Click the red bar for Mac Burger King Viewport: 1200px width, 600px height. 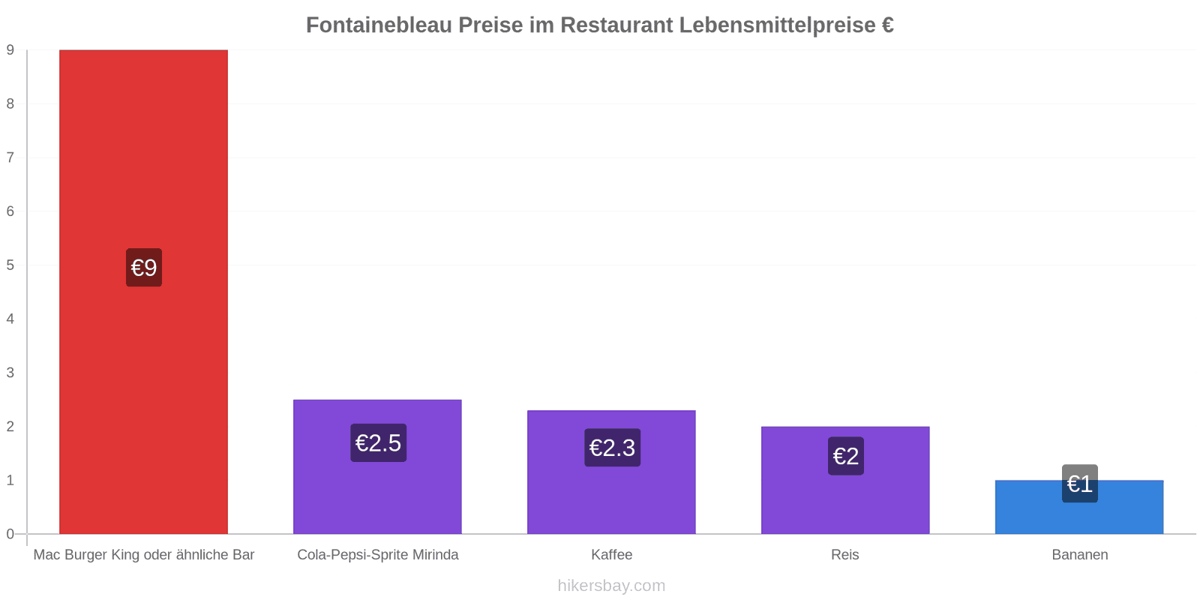click(x=143, y=292)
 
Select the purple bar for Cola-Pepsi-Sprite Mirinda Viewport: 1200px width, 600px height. click(x=378, y=466)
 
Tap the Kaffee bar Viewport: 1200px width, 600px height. click(x=611, y=472)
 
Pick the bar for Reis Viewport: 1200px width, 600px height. click(x=845, y=480)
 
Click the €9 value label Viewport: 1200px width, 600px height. click(x=144, y=267)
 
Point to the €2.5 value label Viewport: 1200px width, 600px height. click(x=378, y=443)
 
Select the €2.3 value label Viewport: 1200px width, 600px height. click(x=612, y=447)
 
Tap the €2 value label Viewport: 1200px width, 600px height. click(x=846, y=456)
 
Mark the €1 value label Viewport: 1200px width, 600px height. click(x=1080, y=484)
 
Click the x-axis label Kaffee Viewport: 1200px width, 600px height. click(x=612, y=554)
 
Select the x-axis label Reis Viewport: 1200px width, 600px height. click(x=844, y=554)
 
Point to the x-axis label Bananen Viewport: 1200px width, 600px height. click(x=1080, y=554)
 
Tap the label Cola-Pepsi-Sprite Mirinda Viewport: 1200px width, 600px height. click(x=378, y=554)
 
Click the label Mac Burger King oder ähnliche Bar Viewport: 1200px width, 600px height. click(x=143, y=554)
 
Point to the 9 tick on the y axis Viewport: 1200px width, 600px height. click(x=10, y=49)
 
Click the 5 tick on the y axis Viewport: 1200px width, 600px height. click(x=10, y=265)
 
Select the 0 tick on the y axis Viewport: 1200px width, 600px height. click(x=10, y=534)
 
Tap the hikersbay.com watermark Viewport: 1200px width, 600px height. click(x=611, y=586)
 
